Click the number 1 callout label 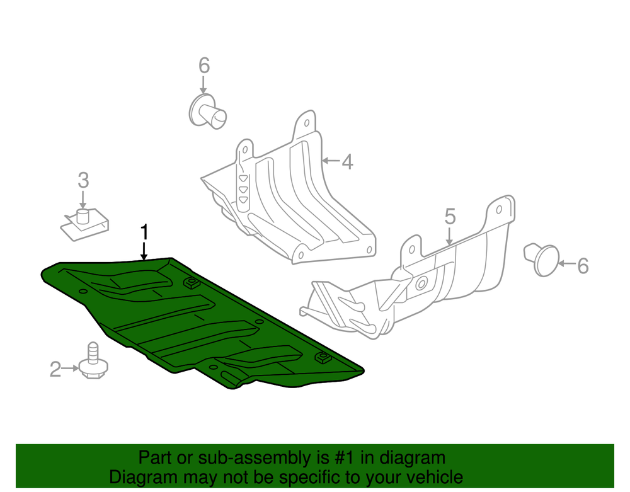pyautogui.click(x=144, y=232)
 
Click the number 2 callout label pyautogui.click(x=55, y=369)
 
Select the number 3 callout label pyautogui.click(x=83, y=180)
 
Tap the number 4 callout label pyautogui.click(x=348, y=161)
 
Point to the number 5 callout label pyautogui.click(x=450, y=217)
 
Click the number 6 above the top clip pyautogui.click(x=204, y=65)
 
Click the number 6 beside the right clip pyautogui.click(x=583, y=266)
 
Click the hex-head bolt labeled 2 pyautogui.click(x=94, y=361)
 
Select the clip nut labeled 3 pyautogui.click(x=85, y=224)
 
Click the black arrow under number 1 pyautogui.click(x=144, y=251)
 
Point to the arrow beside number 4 pyautogui.click(x=331, y=161)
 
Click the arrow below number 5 pyautogui.click(x=449, y=236)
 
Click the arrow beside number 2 pyautogui.click(x=71, y=369)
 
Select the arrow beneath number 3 pyautogui.click(x=83, y=199)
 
